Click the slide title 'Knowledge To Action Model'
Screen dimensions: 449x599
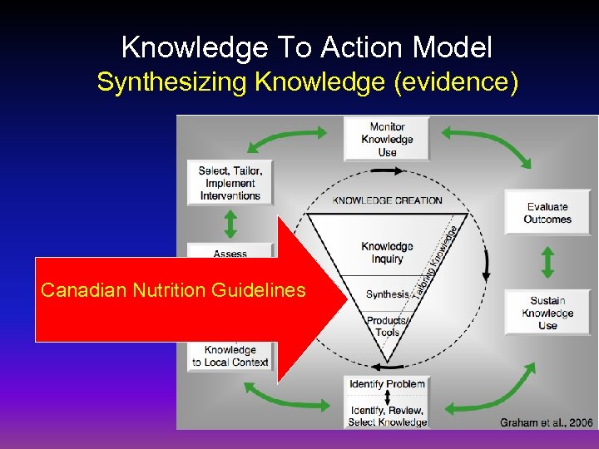point(306,47)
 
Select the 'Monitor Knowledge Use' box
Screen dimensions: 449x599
point(387,139)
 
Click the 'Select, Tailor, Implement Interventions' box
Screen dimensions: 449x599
point(230,183)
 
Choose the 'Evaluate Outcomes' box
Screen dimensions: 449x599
point(547,213)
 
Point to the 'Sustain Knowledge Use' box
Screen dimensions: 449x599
point(547,313)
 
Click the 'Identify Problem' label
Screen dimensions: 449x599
point(387,384)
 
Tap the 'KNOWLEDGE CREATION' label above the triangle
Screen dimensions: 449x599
point(387,200)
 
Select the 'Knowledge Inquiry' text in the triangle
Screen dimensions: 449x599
point(387,253)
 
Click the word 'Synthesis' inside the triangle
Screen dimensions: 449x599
point(387,294)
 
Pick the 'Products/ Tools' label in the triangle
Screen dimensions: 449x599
point(387,327)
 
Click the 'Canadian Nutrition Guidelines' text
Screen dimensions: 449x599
point(173,290)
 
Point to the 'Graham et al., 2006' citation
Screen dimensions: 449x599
point(546,422)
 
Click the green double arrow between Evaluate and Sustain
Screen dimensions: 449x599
point(547,262)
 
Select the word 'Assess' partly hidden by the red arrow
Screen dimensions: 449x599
point(230,254)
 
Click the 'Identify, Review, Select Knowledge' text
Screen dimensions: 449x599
point(387,416)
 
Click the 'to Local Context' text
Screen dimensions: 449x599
point(230,362)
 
